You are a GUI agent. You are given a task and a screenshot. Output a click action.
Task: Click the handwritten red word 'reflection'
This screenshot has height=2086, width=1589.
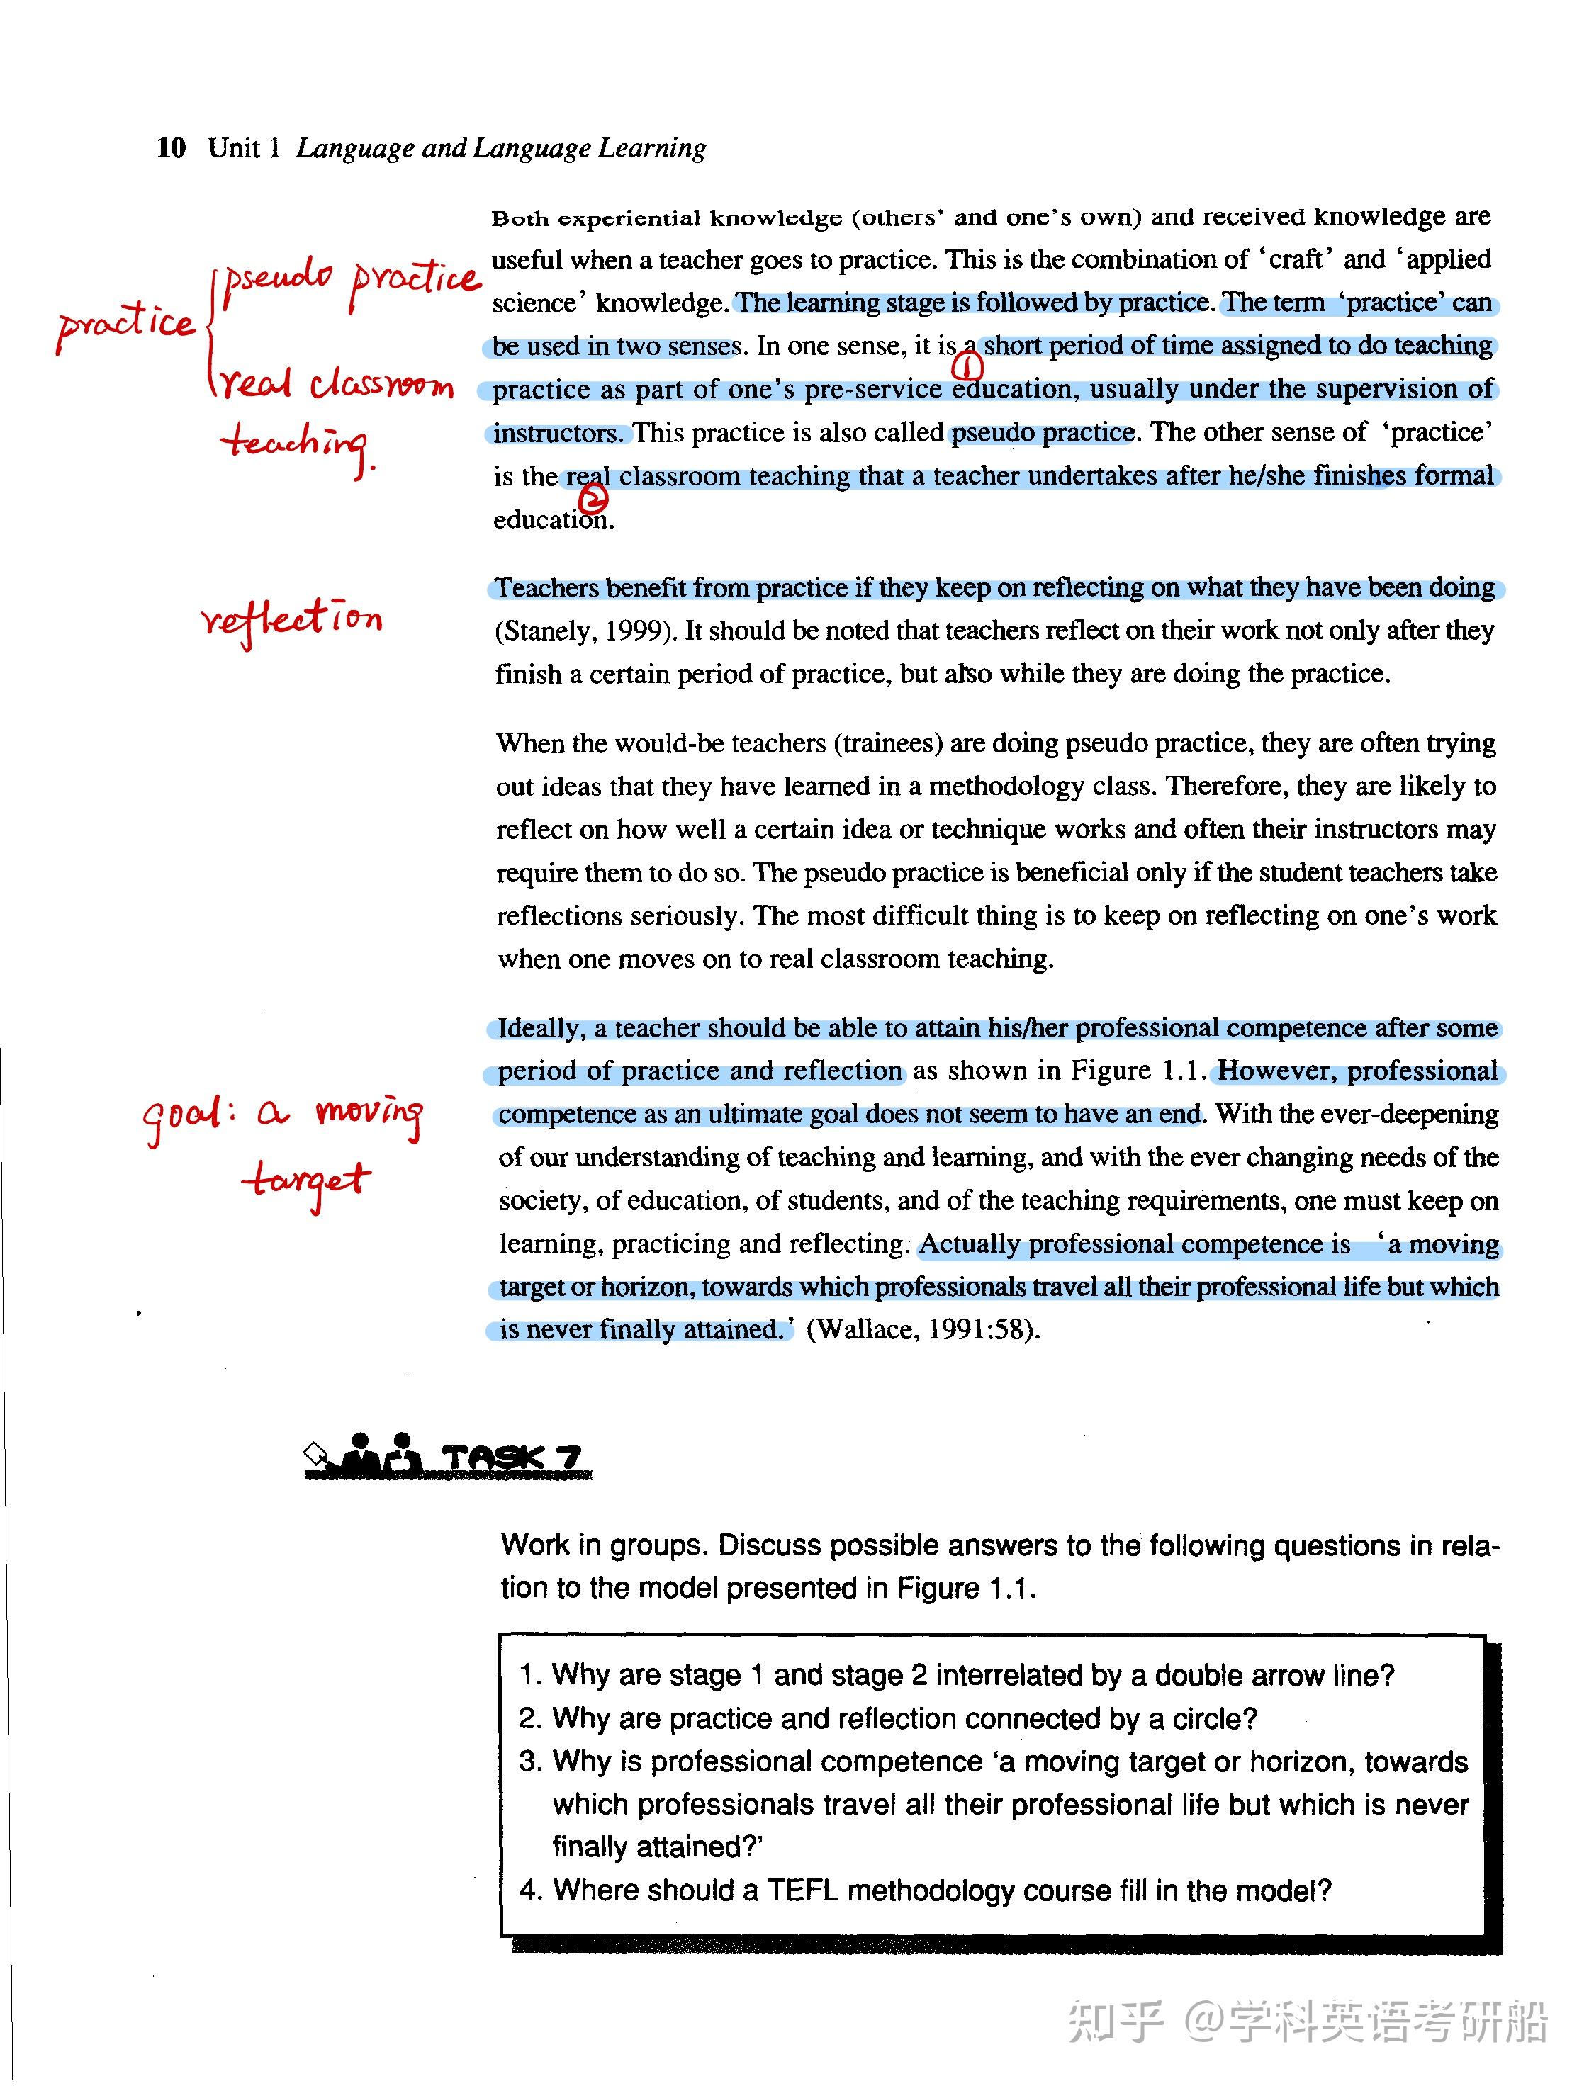[x=291, y=620]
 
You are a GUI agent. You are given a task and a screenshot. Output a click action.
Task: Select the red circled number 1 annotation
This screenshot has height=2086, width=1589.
[x=967, y=365]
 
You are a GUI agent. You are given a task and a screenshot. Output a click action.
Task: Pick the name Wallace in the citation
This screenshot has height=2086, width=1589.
[x=865, y=1329]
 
